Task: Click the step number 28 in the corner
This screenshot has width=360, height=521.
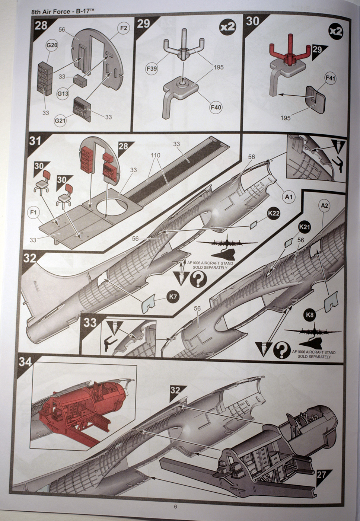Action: [x=41, y=25]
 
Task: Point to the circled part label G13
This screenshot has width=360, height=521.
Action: [x=63, y=93]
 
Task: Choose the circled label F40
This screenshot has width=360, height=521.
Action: [x=216, y=108]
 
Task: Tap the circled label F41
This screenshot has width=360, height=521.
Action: [x=331, y=79]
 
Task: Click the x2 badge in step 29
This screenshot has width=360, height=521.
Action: [x=227, y=27]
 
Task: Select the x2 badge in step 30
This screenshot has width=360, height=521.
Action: [x=336, y=32]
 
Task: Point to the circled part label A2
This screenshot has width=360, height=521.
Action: [x=324, y=205]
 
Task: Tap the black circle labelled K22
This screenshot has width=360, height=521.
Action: [x=273, y=214]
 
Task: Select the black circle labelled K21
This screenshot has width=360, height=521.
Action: [x=305, y=226]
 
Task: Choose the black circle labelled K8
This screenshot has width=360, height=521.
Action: [x=310, y=315]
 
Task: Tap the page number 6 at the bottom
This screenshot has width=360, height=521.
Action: [x=175, y=506]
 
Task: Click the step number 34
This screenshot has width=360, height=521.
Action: [x=25, y=361]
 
